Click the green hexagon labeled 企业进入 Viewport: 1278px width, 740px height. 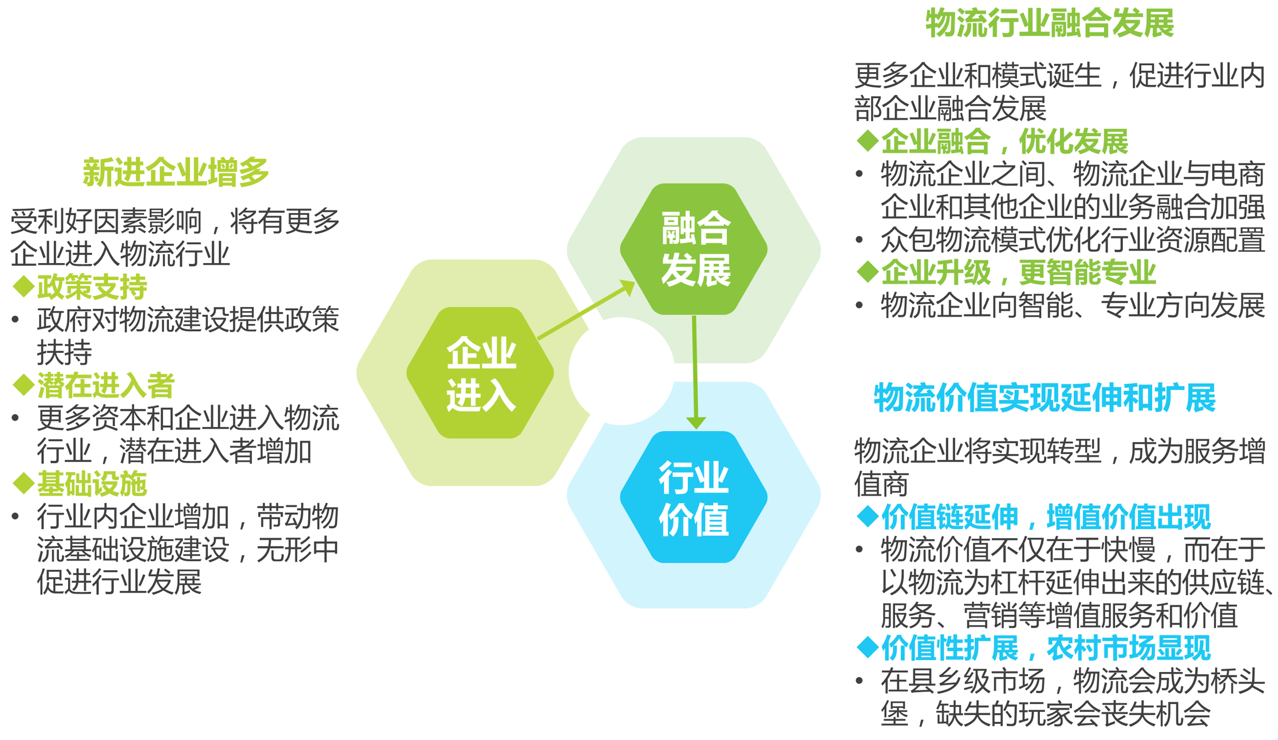[x=480, y=373]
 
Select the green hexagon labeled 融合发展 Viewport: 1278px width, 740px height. [x=694, y=249]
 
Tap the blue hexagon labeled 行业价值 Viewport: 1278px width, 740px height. [x=694, y=497]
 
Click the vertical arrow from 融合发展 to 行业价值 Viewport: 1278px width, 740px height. [x=695, y=372]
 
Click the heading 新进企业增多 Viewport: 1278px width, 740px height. [x=176, y=172]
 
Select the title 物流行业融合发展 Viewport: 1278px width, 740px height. [x=1050, y=23]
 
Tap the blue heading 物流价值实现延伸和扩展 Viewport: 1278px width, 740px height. [x=1044, y=397]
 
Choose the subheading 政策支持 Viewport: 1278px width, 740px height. [x=92, y=287]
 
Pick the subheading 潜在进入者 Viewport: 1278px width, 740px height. [x=106, y=385]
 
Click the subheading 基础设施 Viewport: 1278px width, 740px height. [x=92, y=484]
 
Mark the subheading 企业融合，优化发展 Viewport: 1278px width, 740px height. [x=1004, y=141]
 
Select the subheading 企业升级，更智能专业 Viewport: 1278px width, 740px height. [x=1018, y=272]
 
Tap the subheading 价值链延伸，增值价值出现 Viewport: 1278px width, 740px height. [x=1046, y=517]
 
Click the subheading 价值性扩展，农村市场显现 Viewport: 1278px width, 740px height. [x=1046, y=648]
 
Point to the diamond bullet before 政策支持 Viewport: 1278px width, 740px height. [x=23, y=287]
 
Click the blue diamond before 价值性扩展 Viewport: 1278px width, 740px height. [x=868, y=647]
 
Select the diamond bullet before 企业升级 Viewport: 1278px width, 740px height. [x=868, y=272]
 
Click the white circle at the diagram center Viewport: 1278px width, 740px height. [x=622, y=371]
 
